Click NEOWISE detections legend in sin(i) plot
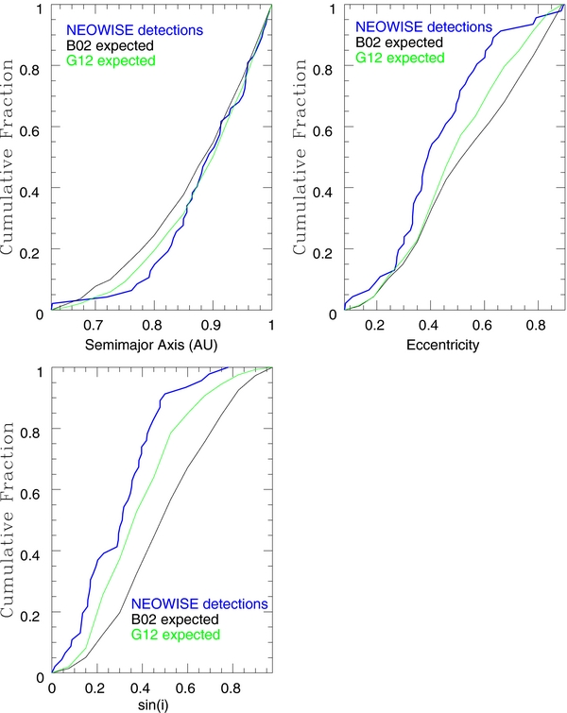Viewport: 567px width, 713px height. (x=201, y=604)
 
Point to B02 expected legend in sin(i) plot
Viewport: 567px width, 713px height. (x=176, y=620)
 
